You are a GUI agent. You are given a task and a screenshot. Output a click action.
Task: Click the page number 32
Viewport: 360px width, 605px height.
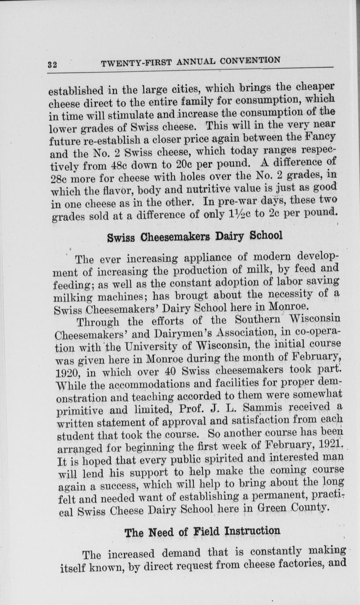pyautogui.click(x=52, y=64)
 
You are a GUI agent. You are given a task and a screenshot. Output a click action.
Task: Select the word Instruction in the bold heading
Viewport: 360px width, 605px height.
pyautogui.click(x=252, y=531)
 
